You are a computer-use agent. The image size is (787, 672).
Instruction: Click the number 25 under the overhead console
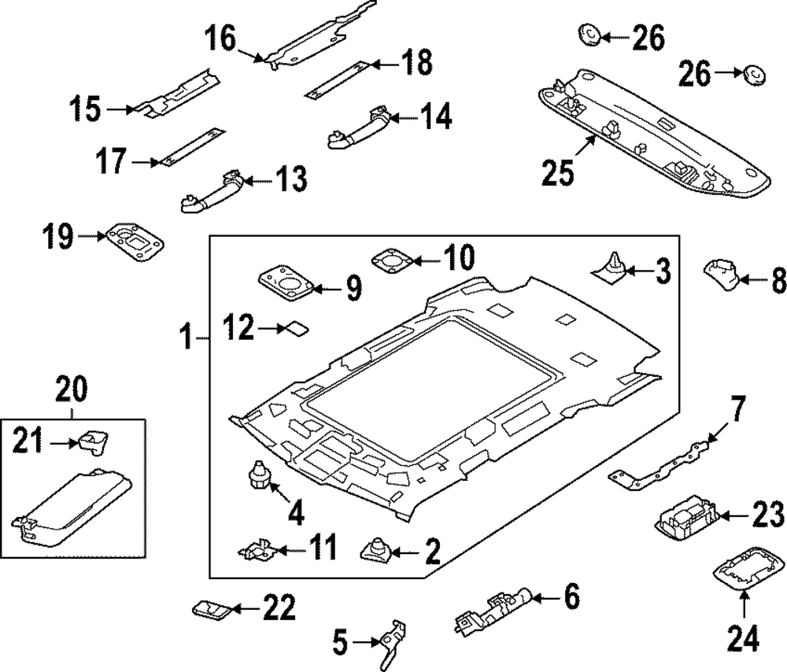558,172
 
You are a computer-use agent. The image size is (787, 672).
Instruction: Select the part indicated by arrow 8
720,275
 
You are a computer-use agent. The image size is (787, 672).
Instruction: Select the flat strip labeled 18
337,78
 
